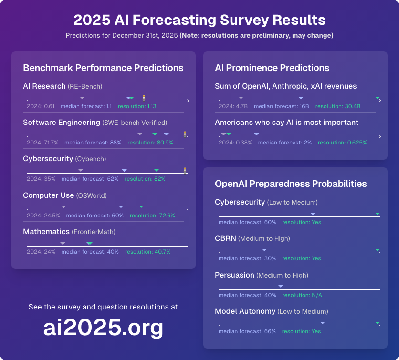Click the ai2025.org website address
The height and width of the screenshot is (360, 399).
point(103,328)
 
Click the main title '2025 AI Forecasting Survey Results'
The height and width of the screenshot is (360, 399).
point(199,20)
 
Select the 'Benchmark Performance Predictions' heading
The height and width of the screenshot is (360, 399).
point(103,68)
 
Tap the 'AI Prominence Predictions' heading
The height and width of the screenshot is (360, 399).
point(272,68)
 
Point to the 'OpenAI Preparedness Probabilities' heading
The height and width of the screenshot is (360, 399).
point(291,184)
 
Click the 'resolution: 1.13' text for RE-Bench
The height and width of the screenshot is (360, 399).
point(137,106)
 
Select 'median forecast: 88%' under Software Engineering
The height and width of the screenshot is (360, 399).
point(93,143)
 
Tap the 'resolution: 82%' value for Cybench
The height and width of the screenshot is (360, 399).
point(145,179)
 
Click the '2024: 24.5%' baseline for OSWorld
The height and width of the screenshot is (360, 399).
point(43,216)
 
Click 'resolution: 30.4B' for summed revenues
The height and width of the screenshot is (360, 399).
point(338,106)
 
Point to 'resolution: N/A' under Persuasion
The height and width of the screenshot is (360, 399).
point(302,295)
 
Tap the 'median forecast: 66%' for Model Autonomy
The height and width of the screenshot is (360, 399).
point(247,331)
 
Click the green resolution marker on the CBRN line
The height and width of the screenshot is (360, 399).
point(378,250)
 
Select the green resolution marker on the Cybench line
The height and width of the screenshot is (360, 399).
point(156,170)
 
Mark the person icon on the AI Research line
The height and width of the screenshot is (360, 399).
point(144,97)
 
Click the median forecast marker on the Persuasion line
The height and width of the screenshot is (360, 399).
point(281,286)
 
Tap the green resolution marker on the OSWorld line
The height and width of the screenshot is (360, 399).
point(141,206)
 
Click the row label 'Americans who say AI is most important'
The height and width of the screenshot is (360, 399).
point(287,123)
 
